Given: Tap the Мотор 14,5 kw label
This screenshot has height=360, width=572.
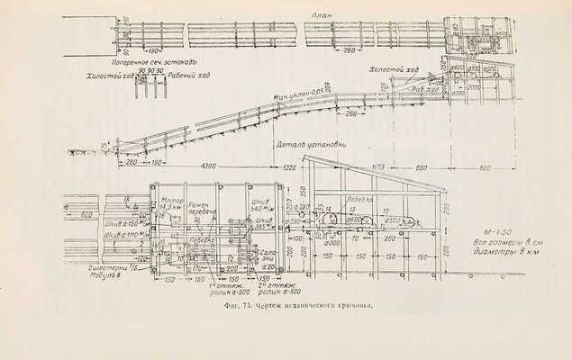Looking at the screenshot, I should point(172,204).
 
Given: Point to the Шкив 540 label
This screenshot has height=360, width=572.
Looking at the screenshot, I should point(262,205).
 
